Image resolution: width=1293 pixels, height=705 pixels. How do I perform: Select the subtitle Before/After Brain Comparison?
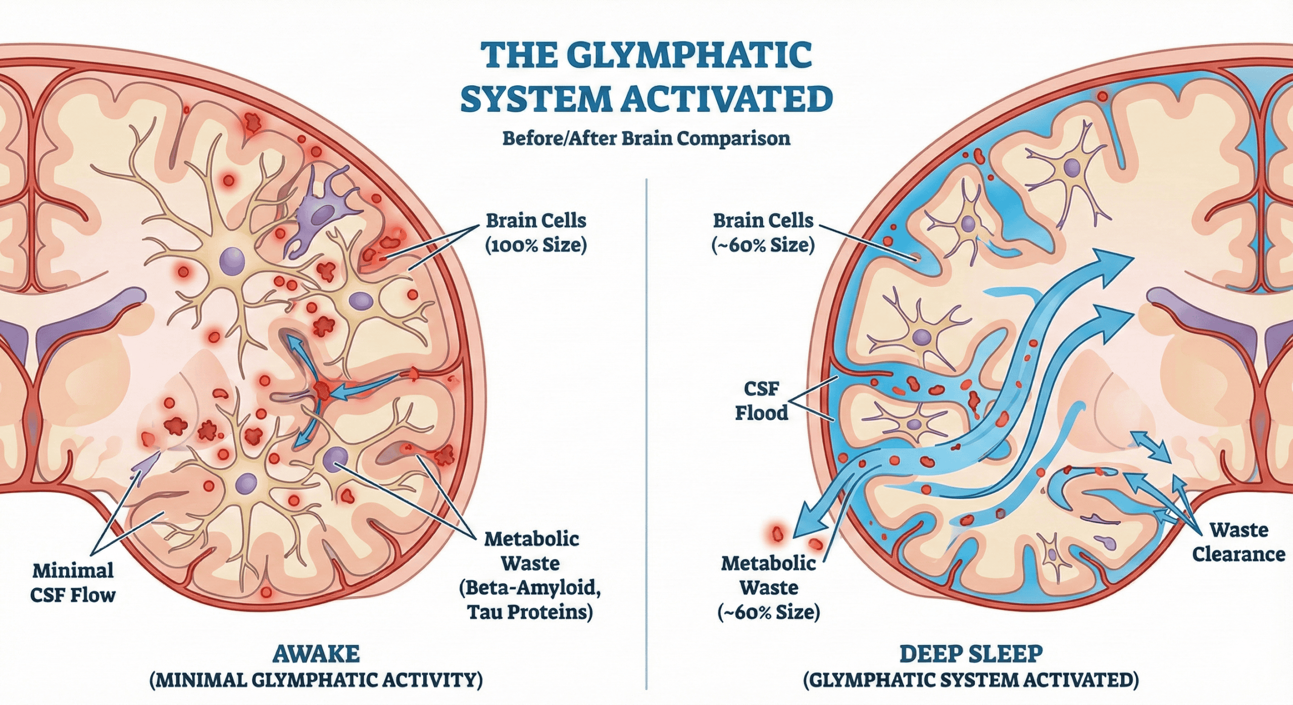tap(646, 138)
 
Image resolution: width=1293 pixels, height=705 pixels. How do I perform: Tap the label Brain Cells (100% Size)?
tap(536, 233)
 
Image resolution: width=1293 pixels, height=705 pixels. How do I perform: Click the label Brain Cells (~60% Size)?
tap(763, 233)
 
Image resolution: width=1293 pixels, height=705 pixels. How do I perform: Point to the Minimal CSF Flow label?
tap(73, 583)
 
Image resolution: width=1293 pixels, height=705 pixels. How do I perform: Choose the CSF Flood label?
tap(761, 401)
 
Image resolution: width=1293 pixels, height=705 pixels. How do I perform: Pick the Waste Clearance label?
tap(1238, 542)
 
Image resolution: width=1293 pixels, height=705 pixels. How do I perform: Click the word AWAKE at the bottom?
tap(316, 654)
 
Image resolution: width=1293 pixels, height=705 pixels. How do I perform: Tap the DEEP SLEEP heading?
tap(971, 654)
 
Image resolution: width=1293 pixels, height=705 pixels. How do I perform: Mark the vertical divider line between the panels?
tap(646, 429)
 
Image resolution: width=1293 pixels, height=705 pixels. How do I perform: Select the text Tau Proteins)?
tap(530, 612)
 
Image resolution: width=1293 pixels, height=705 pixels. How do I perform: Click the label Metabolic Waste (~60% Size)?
tap(768, 587)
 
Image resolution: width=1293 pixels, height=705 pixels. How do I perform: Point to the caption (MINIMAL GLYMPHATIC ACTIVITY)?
tap(316, 680)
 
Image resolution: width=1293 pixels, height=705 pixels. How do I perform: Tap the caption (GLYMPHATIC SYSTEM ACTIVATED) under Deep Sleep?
tap(971, 680)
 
